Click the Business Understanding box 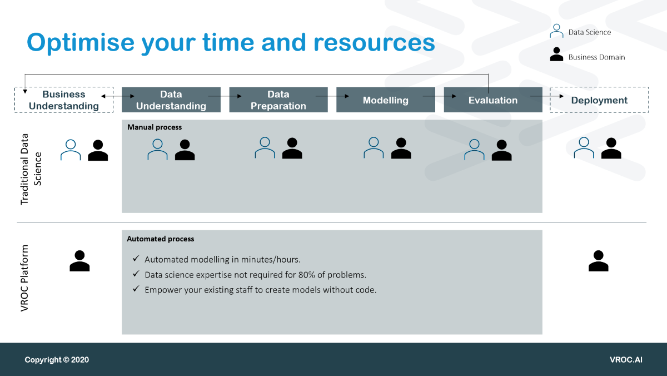point(64,100)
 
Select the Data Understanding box point(171,100)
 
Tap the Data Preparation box point(278,100)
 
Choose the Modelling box point(386,100)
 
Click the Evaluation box point(493,100)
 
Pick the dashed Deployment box point(599,100)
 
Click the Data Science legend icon point(556,31)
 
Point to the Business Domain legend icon point(556,54)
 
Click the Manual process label point(155,127)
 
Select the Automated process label point(161,239)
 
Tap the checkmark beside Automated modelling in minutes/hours point(136,258)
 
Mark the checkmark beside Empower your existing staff point(136,289)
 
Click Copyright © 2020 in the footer point(57,360)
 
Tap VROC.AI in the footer point(626,360)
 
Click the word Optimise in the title point(81,43)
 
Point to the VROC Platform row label point(24,278)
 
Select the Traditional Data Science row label point(31,169)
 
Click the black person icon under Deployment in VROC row point(599,261)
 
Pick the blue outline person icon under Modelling point(374,148)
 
